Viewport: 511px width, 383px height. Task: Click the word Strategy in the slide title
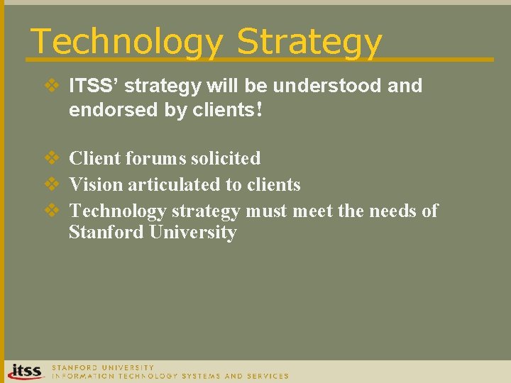point(309,42)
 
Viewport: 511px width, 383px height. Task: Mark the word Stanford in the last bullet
point(106,233)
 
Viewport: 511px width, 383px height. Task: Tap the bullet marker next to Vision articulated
point(53,184)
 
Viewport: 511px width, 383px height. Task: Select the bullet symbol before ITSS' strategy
point(53,86)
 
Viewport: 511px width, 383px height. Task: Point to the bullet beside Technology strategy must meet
point(53,211)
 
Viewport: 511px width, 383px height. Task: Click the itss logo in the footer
point(25,371)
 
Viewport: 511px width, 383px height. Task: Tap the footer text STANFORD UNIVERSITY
point(102,367)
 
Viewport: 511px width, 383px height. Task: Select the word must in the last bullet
point(264,211)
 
